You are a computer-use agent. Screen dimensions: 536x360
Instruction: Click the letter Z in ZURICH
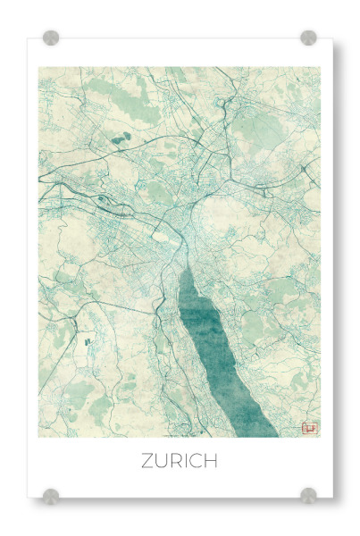[x=148, y=461]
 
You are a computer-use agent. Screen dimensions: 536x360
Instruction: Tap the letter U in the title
[x=163, y=461]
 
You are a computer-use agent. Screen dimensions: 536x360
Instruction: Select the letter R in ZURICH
[x=179, y=461]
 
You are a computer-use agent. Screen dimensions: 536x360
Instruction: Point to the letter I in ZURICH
[x=189, y=461]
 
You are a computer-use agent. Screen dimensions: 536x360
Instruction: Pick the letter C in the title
[x=198, y=461]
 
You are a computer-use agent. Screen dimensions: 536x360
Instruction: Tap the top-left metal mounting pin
[x=51, y=38]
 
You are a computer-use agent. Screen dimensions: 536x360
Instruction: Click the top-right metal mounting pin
[x=308, y=38]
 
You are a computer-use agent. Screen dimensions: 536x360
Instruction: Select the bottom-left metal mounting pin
[x=51, y=494]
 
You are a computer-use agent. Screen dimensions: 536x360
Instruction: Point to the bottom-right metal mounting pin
[x=308, y=494]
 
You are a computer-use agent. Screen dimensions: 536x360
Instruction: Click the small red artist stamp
[x=310, y=428]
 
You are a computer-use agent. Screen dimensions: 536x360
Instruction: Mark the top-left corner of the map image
[x=38, y=68]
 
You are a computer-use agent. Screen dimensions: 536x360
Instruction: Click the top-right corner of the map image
[x=320, y=68]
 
